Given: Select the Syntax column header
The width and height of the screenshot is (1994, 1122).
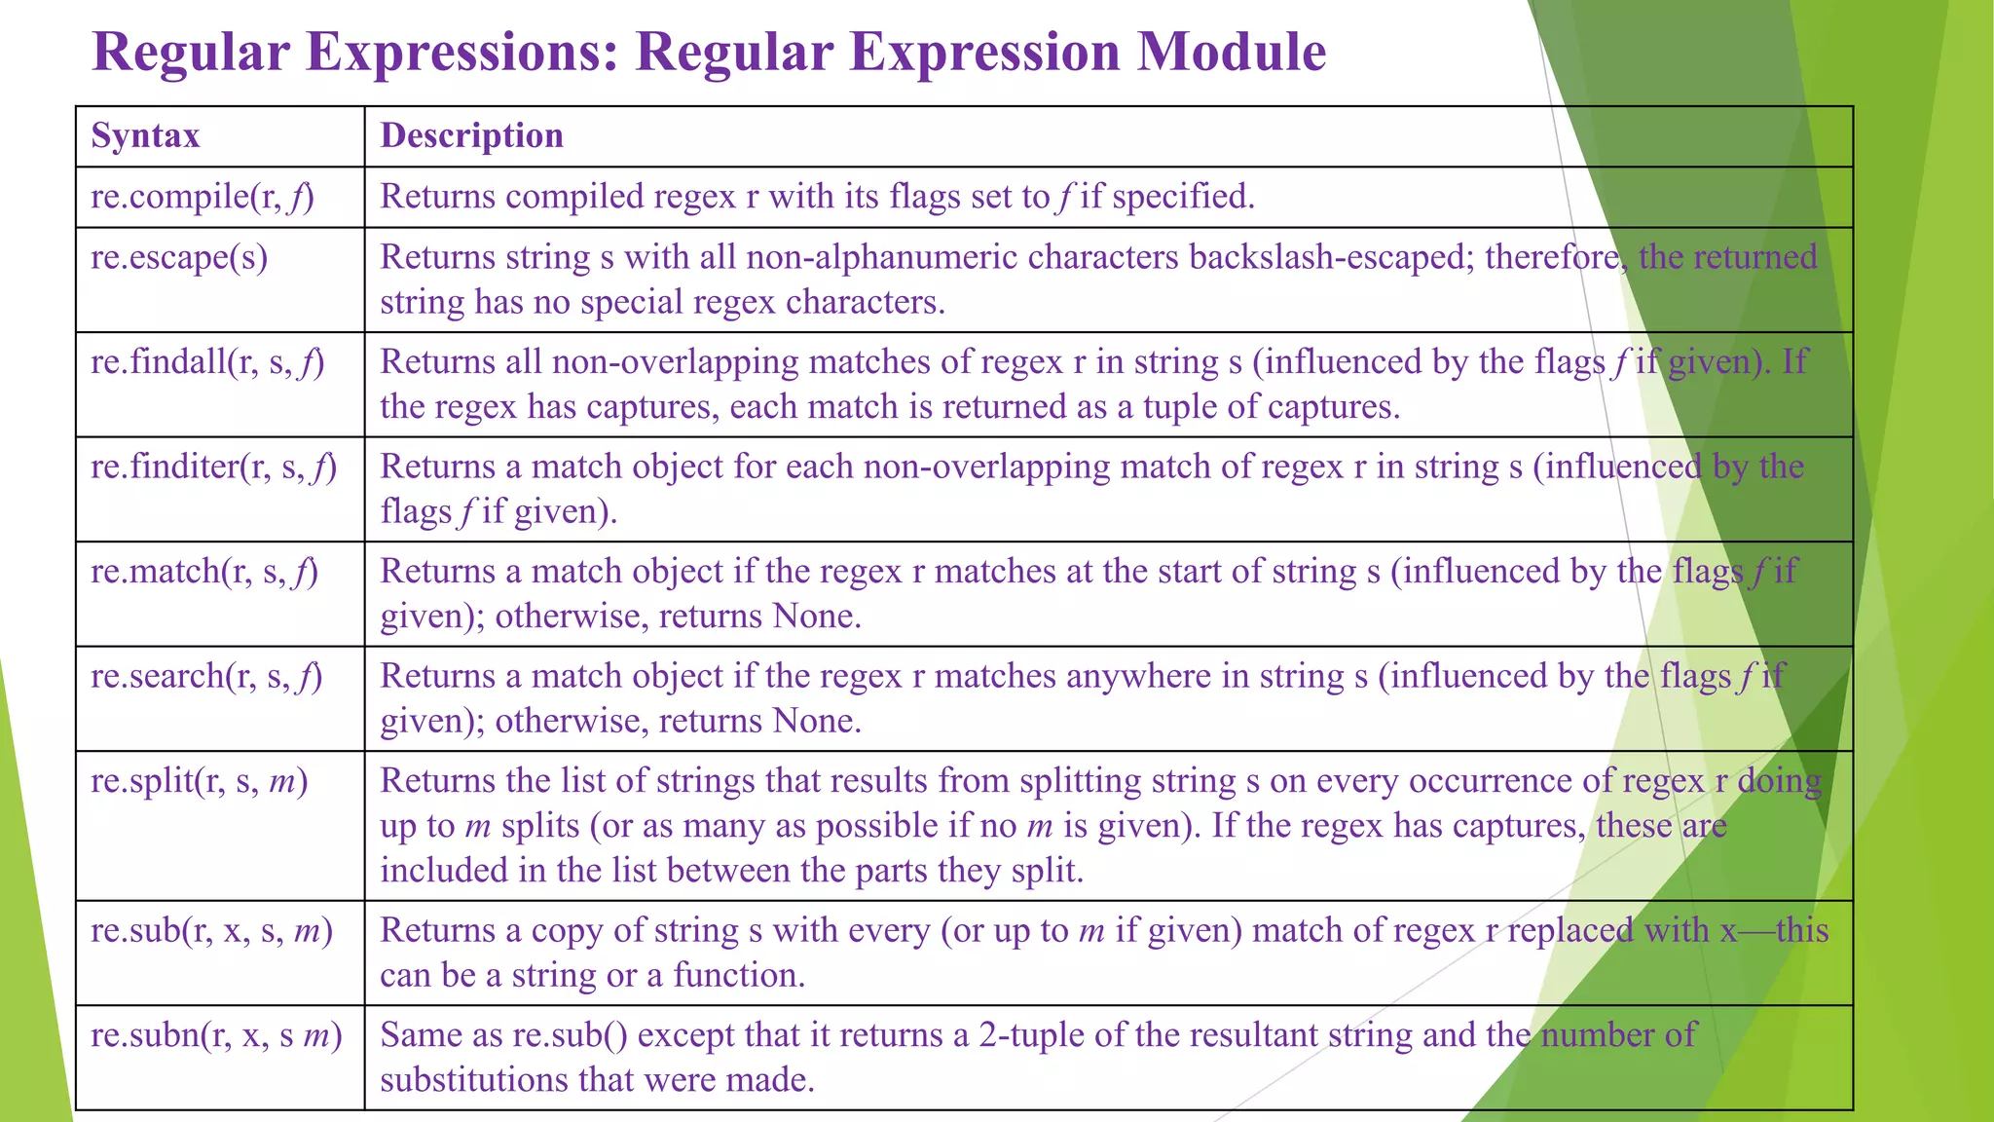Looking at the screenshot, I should click(145, 135).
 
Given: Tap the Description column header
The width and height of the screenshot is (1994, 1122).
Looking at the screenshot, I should click(471, 135).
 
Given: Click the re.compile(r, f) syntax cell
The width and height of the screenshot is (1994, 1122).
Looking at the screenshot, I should click(203, 197).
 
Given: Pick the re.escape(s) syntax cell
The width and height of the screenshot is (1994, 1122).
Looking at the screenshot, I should click(179, 257).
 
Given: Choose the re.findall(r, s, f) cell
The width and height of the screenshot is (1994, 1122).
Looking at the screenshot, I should click(207, 362).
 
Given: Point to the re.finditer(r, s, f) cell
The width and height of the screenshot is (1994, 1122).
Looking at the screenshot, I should click(213, 467).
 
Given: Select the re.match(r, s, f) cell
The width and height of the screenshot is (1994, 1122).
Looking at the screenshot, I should click(204, 572).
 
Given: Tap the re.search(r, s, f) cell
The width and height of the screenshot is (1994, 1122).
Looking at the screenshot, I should click(206, 676).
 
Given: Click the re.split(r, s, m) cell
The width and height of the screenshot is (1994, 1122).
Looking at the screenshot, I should click(199, 781).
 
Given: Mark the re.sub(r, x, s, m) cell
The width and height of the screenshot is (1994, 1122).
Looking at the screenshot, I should click(211, 931).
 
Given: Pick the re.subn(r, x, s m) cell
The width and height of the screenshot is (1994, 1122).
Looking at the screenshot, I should click(216, 1035).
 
